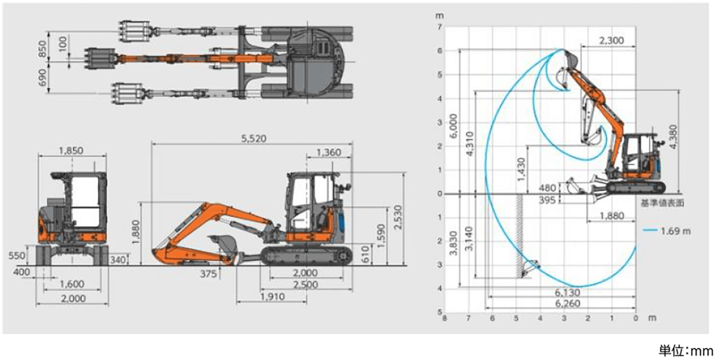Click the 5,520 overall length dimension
pyautogui.click(x=254, y=139)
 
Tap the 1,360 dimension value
pyautogui.click(x=328, y=152)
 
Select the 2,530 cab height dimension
pyautogui.click(x=398, y=217)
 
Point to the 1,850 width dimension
pyautogui.click(x=71, y=150)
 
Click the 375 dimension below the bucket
pyautogui.click(x=209, y=274)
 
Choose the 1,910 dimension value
pyautogui.click(x=273, y=297)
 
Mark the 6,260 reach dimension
pyautogui.click(x=568, y=303)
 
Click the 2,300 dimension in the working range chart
pyautogui.click(x=611, y=41)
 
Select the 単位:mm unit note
pyautogui.click(x=685, y=351)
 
